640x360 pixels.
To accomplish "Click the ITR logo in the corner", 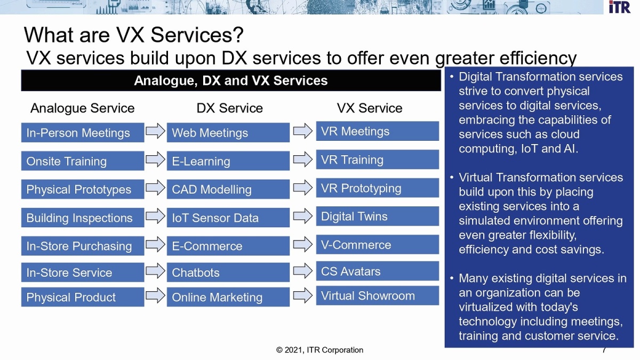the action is click(x=619, y=7).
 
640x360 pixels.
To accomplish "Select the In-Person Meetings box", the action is click(x=83, y=133).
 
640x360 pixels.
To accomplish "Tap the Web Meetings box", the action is click(x=228, y=133).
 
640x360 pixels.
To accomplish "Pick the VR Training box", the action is click(x=378, y=159).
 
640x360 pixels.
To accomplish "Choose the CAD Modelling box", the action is click(x=228, y=189).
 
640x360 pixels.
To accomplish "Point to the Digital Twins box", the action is click(x=378, y=217).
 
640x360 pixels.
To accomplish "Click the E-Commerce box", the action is click(x=228, y=246).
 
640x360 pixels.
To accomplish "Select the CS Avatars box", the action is click(x=378, y=271).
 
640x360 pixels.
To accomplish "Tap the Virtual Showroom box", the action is click(x=378, y=295).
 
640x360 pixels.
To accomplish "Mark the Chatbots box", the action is click(x=228, y=273).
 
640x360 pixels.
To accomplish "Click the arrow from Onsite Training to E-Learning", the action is click(x=155, y=159).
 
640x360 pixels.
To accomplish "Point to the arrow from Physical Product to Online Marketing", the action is click(x=155, y=295).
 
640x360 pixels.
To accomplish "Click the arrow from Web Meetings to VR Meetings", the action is click(x=303, y=131).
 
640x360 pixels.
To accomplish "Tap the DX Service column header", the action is click(x=229, y=108).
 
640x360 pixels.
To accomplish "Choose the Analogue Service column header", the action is click(x=82, y=108).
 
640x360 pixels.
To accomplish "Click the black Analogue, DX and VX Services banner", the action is click(x=231, y=81).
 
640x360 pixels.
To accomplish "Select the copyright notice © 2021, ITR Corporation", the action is click(x=319, y=350).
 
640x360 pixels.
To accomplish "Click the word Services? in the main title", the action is click(x=197, y=35).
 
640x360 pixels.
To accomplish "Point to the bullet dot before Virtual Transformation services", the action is click(x=452, y=178).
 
